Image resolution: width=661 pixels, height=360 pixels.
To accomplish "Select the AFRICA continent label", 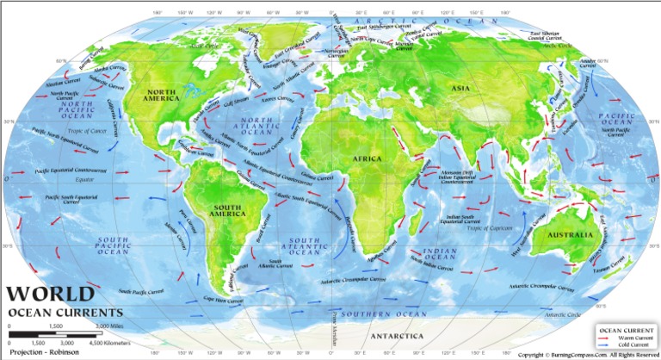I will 371,158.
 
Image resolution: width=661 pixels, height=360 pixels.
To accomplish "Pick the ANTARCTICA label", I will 396,336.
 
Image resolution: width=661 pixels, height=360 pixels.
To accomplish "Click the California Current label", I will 114,111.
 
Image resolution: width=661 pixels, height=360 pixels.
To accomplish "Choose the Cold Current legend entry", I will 629,347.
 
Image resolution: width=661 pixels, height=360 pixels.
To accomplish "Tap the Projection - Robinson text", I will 39,351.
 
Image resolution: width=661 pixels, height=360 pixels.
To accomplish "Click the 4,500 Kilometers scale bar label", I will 102,342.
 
